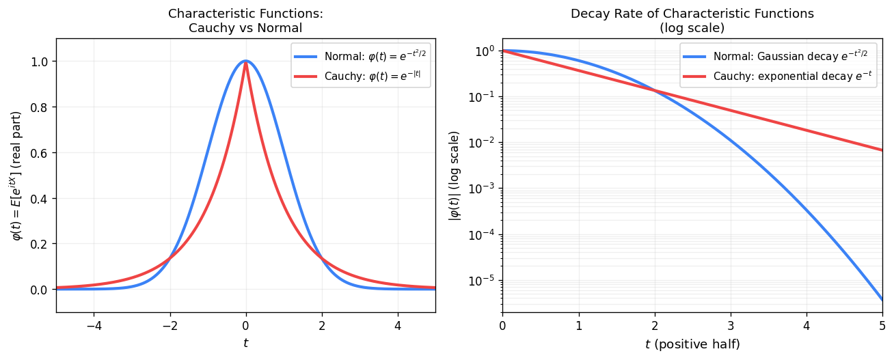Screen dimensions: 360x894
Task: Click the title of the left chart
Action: pyautogui.click(x=245, y=20)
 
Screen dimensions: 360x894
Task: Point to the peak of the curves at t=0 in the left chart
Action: pyautogui.click(x=245, y=61)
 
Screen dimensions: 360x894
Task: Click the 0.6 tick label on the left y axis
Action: pyautogui.click(x=40, y=153)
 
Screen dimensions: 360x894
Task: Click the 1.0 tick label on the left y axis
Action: pyautogui.click(x=40, y=61)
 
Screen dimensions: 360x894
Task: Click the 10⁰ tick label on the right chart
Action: pyautogui.click(x=485, y=51)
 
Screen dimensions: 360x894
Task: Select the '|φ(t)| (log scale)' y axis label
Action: pyautogui.click(x=454, y=176)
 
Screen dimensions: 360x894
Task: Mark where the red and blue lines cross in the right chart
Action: pyautogui.click(x=655, y=90)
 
